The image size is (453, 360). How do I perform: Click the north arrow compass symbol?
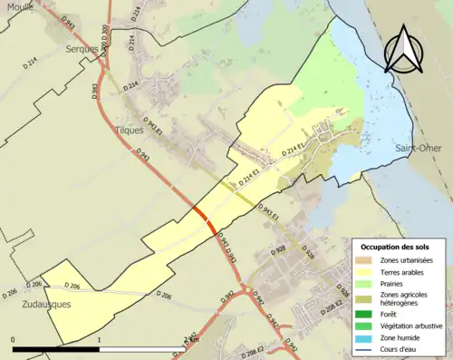(405, 49)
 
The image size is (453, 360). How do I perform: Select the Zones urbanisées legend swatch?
(366, 259)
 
